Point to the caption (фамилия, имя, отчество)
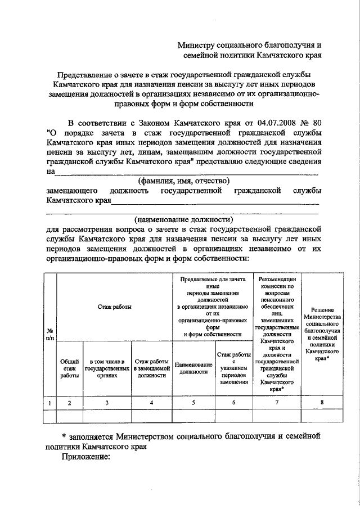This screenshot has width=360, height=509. tap(183, 181)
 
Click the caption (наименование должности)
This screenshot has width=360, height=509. tap(183, 219)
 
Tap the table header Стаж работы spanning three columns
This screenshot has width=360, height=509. tap(114, 307)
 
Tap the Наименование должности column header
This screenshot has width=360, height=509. tap(193, 369)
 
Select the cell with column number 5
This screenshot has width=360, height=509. tap(193, 403)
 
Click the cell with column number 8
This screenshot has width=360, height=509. tap(322, 403)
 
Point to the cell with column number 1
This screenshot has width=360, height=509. tap(50, 403)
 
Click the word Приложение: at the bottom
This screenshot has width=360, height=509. tap(84, 457)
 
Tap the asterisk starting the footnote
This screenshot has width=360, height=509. tap(64, 436)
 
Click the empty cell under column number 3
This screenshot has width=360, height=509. tap(106, 416)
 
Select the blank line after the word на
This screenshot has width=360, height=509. tap(186, 173)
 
